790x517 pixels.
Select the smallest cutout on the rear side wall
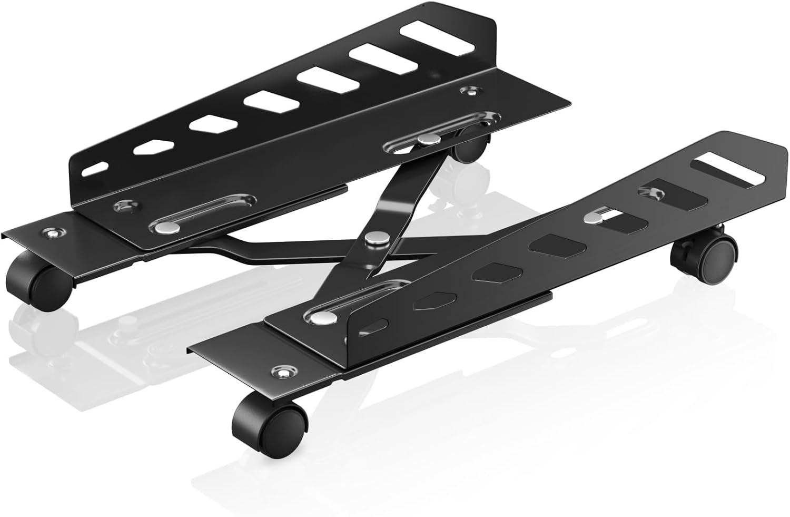[95, 170]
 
